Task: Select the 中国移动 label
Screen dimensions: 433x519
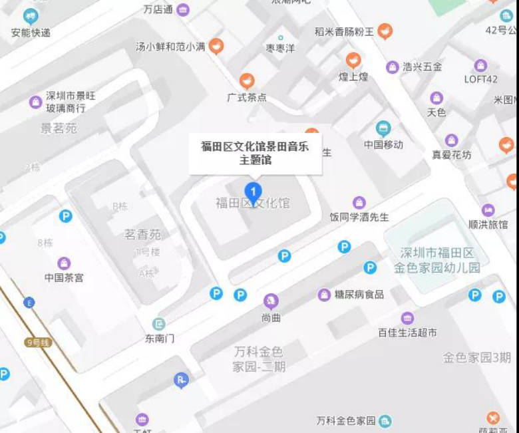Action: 383,144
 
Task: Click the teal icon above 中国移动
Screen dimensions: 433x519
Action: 383,128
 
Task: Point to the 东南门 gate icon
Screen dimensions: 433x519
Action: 159,324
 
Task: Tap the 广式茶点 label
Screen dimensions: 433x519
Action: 247,97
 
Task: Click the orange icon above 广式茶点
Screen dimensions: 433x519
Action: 247,81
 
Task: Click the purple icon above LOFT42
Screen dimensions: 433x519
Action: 481,65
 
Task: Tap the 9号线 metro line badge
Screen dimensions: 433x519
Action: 37,343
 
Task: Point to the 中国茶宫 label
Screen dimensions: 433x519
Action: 64,277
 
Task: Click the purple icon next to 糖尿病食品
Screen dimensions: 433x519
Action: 324,294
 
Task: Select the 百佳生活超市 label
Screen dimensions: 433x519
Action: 408,333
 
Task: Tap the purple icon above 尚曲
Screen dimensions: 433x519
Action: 271,301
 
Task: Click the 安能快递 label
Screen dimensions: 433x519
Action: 31,32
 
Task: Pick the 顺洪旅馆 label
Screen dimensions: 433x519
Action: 488,225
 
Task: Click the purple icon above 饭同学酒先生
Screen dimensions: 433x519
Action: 359,202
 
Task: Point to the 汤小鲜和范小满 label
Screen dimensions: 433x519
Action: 170,47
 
